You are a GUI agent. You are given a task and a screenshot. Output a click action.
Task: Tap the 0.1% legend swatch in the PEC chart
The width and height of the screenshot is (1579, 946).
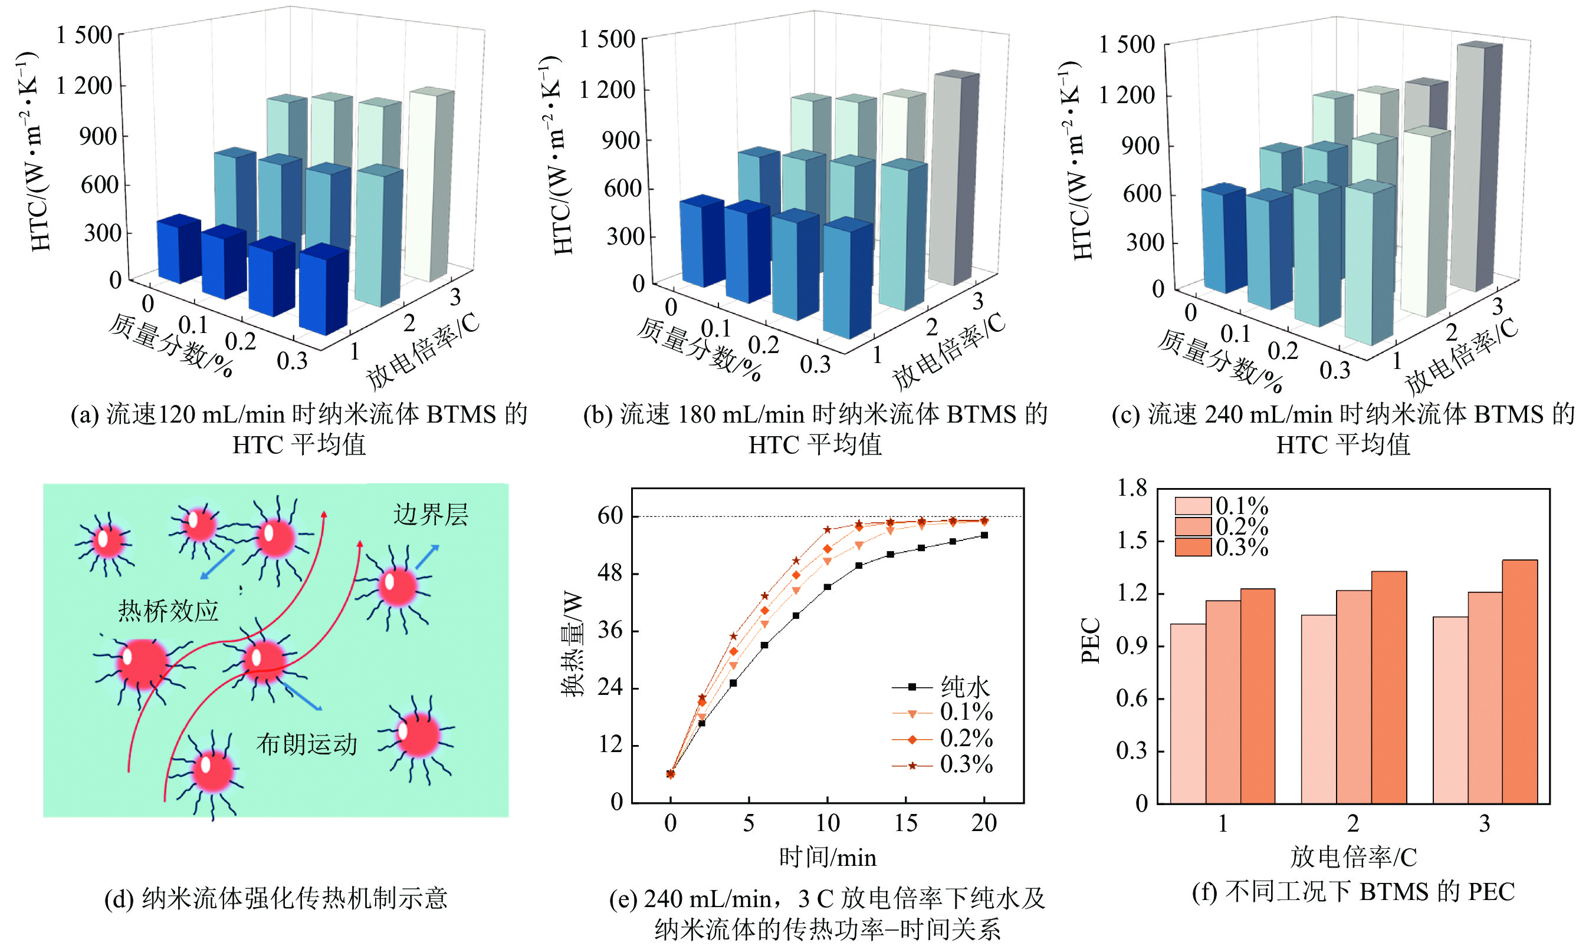[x=1193, y=506]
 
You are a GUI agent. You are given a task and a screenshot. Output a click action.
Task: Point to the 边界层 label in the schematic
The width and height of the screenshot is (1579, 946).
[x=431, y=515]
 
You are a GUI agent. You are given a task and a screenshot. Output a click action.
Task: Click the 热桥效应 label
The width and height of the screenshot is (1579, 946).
[x=168, y=611]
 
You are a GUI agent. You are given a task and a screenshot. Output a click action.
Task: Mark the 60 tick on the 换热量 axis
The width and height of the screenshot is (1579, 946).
[x=610, y=516]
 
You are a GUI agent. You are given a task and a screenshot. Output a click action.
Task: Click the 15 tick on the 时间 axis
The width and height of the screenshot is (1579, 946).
[x=905, y=823]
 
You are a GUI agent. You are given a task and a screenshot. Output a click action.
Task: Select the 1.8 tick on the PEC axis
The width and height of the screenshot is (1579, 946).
[x=1132, y=488]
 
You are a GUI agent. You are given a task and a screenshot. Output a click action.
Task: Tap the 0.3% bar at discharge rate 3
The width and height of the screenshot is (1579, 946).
[x=1519, y=682]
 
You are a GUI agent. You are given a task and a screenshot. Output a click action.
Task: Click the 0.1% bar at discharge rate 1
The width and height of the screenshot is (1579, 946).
[x=1188, y=714]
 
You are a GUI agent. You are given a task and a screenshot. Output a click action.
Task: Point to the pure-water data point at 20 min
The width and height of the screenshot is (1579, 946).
[x=984, y=535]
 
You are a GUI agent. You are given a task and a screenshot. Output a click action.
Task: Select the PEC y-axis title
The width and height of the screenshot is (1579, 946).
[x=1091, y=641]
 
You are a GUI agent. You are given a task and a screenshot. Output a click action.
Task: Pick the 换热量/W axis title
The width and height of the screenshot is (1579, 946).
[x=572, y=644]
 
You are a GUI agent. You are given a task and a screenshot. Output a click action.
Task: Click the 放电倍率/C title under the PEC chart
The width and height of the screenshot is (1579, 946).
[x=1353, y=858]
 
